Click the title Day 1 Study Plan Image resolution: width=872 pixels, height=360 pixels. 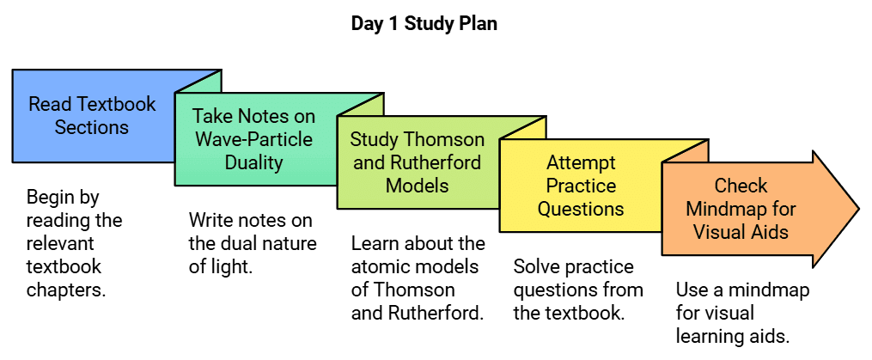(424, 24)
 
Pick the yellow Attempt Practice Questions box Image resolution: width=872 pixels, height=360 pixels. (580, 185)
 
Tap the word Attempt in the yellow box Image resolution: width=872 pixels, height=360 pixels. (581, 162)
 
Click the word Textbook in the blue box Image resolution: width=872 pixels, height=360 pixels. (116, 105)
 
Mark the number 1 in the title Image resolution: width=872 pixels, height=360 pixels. (390, 24)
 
